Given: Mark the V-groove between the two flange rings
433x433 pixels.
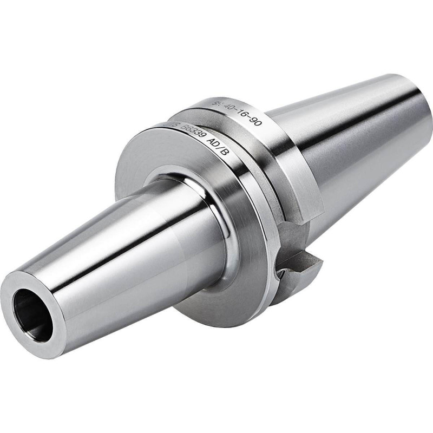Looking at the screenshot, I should (x=254, y=152).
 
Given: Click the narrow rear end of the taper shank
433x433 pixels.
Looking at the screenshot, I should (x=417, y=108).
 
